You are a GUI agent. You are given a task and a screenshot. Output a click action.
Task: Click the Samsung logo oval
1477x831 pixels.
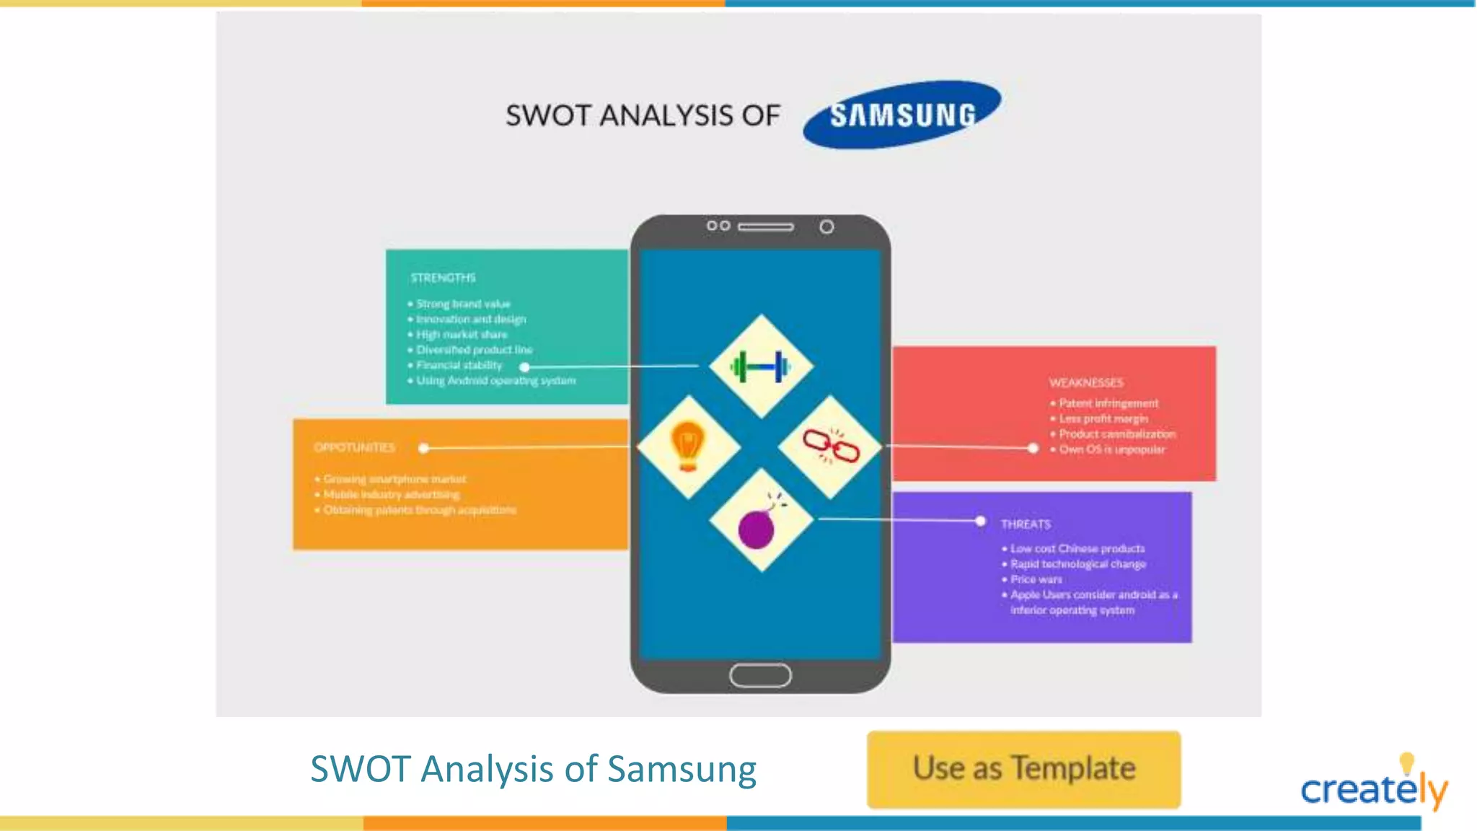coord(901,115)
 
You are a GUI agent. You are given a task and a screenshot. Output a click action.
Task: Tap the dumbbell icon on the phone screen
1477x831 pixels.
coord(760,366)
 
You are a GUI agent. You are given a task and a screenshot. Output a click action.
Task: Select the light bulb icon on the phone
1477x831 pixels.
coord(688,446)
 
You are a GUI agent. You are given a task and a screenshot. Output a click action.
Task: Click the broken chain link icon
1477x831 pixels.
coord(831,446)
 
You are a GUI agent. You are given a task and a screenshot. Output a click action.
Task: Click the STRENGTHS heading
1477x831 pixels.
coord(443,278)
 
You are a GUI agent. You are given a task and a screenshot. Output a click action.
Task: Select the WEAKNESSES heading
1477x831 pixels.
coord(1086,382)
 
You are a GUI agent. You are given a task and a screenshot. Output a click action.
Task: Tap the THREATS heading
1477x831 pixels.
coord(1026,524)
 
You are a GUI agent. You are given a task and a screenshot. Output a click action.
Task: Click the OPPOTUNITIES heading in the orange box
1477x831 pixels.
coord(355,448)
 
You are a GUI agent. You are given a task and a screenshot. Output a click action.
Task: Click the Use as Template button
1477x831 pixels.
coord(1023,769)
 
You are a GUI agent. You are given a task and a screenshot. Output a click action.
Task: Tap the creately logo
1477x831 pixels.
coord(1373,786)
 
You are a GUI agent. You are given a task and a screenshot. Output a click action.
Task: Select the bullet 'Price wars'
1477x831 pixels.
coord(1036,579)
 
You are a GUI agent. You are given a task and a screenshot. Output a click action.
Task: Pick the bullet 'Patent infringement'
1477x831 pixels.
coord(1108,403)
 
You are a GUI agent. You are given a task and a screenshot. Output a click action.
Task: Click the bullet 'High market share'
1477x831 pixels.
coord(462,335)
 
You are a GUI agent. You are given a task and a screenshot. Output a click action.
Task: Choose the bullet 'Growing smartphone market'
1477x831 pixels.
coord(394,479)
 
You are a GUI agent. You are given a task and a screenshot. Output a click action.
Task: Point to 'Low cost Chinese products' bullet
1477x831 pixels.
coord(1077,549)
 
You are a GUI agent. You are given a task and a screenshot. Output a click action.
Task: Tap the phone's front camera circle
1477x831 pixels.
coord(826,227)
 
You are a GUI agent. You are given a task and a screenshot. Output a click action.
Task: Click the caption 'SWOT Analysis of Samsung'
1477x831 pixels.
coord(533,769)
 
